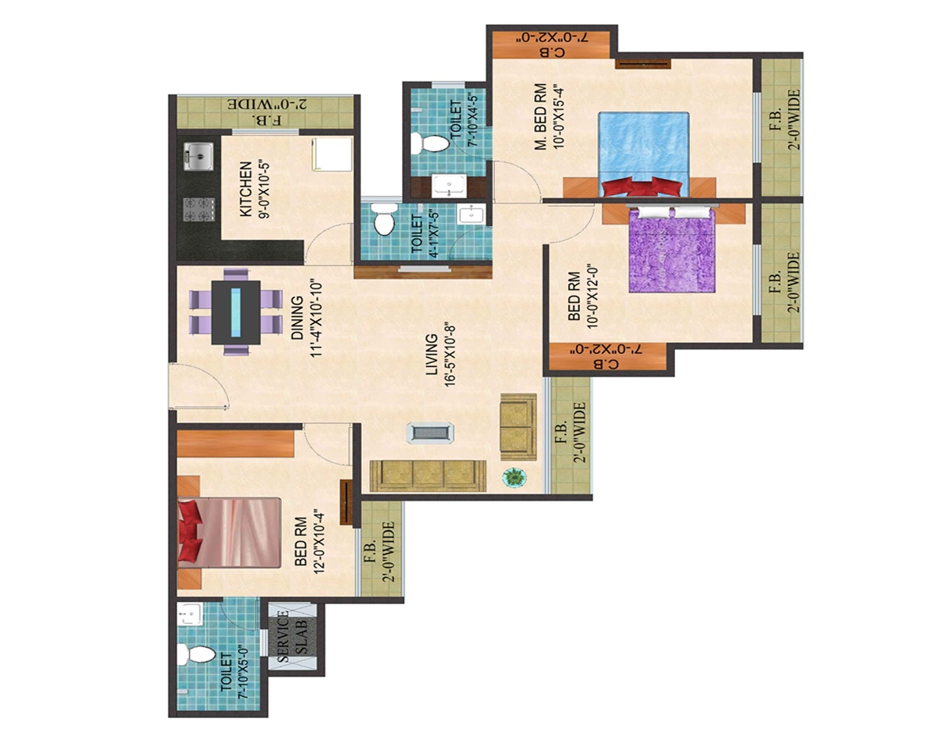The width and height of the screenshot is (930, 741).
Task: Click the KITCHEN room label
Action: pyautogui.click(x=245, y=189)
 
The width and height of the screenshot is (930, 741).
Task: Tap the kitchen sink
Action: pyautogui.click(x=198, y=156)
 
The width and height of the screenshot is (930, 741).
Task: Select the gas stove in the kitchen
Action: pyautogui.click(x=200, y=209)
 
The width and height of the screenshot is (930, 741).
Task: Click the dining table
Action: pyautogui.click(x=236, y=312)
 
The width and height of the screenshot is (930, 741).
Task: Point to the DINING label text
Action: pyautogui.click(x=298, y=319)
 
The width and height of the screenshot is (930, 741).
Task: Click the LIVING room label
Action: pyautogui.click(x=432, y=355)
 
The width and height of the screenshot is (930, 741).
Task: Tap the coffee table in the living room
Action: pyautogui.click(x=430, y=433)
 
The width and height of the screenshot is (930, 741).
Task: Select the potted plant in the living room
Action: pyautogui.click(x=514, y=477)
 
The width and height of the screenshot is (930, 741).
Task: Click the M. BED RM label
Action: pyautogui.click(x=541, y=116)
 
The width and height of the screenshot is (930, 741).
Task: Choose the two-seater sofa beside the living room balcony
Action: pyautogui.click(x=518, y=427)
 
